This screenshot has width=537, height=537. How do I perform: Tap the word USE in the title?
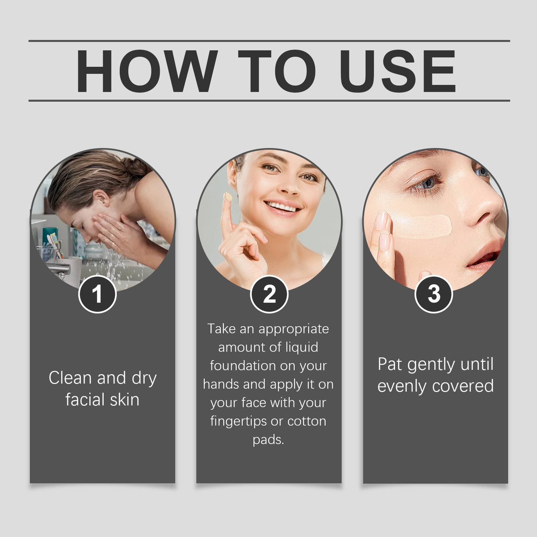coord(398,72)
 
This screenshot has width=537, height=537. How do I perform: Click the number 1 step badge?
coord(97,294)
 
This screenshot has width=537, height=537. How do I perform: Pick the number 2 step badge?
coord(269,294)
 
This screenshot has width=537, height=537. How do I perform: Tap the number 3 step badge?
coord(434,294)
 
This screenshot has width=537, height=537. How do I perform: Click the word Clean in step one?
coord(71,378)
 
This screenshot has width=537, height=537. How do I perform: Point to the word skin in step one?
coord(125,400)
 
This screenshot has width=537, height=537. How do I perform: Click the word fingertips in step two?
coord(239,421)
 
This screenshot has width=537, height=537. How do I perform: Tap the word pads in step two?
coord(267,440)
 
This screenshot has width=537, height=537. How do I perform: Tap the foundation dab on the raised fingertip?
coord(228,196)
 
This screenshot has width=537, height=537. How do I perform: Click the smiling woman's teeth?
coord(283,207)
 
